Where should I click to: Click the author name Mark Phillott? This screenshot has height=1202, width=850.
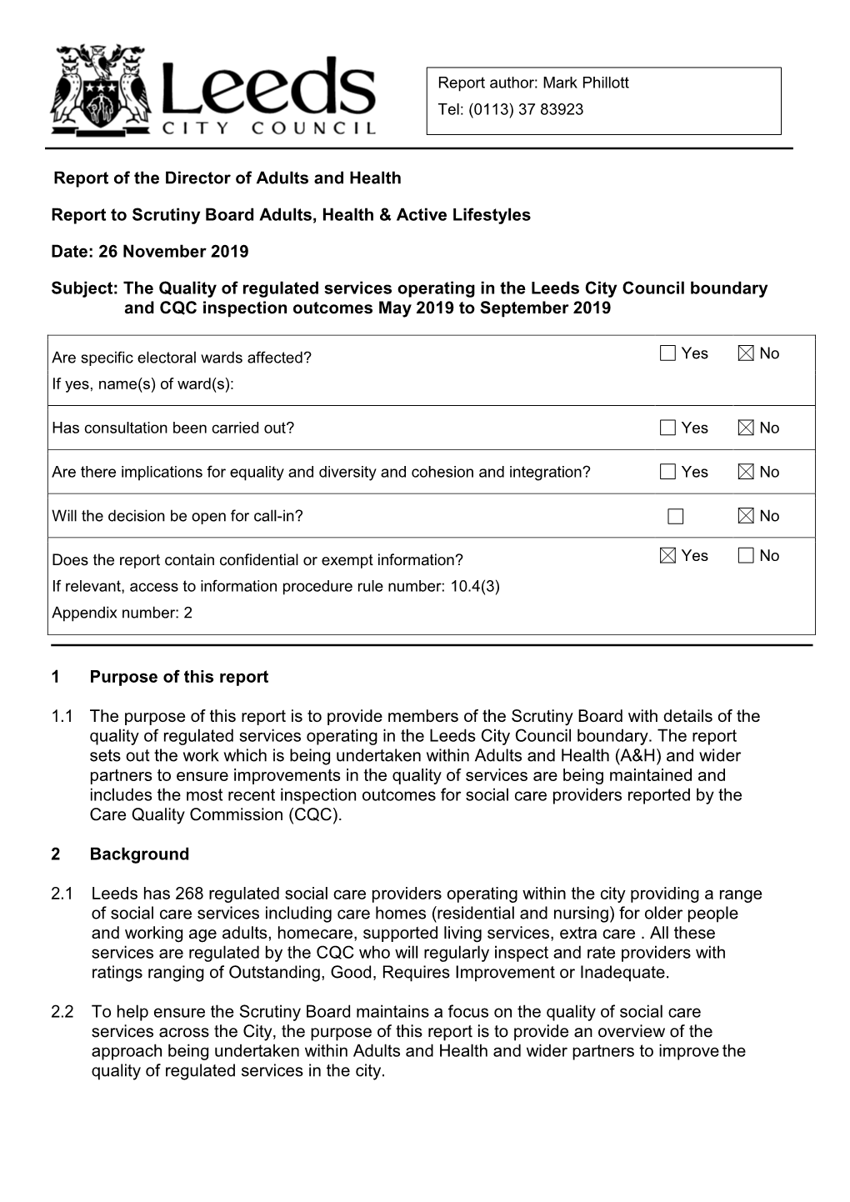(x=586, y=83)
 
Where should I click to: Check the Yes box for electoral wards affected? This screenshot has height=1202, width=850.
(x=667, y=353)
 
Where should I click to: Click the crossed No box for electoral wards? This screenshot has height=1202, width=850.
(x=746, y=353)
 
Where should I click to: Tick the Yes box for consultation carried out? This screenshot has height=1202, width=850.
(x=667, y=428)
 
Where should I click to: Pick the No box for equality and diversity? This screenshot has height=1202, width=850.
(x=746, y=472)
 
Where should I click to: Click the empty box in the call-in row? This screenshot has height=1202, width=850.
(x=675, y=517)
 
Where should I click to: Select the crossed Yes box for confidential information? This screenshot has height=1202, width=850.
(x=667, y=556)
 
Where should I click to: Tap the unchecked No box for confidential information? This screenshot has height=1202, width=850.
(x=746, y=556)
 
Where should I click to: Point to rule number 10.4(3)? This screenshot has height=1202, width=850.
(x=474, y=586)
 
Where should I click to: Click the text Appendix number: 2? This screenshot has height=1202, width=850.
(x=122, y=613)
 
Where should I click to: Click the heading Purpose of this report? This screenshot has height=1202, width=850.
(x=179, y=677)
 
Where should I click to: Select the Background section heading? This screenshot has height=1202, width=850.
(x=139, y=854)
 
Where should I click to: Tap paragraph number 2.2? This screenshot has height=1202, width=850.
(x=62, y=1012)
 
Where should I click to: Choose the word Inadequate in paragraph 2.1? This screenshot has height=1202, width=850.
(x=623, y=972)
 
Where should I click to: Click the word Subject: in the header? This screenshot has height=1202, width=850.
(x=84, y=288)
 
